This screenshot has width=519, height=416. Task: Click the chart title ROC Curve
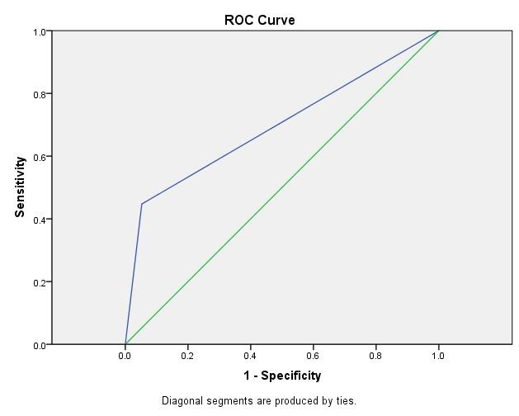[259, 20]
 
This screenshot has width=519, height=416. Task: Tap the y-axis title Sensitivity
[20, 187]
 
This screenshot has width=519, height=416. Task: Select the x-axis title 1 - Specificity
[282, 376]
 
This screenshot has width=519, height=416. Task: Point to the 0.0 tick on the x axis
[125, 356]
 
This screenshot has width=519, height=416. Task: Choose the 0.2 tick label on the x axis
[187, 356]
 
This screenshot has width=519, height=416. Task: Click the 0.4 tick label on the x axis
[250, 356]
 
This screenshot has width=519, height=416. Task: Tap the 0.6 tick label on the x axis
[313, 356]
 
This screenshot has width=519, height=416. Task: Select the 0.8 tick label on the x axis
[375, 356]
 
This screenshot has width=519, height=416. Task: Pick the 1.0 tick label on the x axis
[438, 356]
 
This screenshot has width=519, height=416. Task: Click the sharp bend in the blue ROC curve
[142, 204]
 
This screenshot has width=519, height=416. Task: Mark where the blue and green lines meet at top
[438, 31]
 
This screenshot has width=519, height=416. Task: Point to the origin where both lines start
[125, 344]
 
